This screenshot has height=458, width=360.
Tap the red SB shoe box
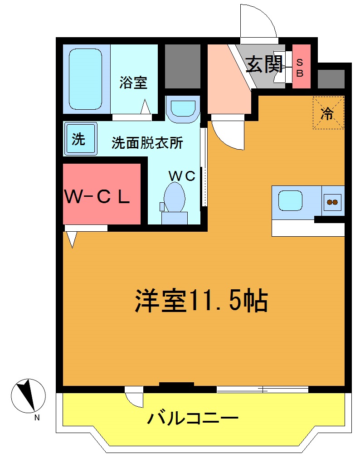(301, 66)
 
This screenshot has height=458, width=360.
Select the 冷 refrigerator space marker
(328, 113)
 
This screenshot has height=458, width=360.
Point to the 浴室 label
(134, 83)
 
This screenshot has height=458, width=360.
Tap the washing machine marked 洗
(80, 139)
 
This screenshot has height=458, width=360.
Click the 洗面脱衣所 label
(147, 143)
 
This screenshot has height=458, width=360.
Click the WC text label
(182, 175)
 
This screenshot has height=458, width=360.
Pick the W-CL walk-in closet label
(97, 196)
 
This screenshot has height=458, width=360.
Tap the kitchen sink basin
(290, 200)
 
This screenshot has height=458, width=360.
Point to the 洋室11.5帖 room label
(201, 301)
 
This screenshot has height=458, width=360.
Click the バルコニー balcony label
(192, 418)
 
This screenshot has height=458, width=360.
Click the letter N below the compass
(37, 418)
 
